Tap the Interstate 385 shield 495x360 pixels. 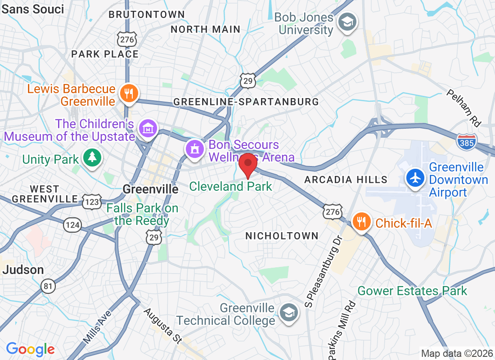(x=467, y=142)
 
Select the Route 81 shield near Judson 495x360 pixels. (x=48, y=285)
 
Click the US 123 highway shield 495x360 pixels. (x=92, y=202)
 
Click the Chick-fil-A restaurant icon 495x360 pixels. (x=361, y=221)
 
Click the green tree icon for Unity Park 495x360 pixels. (x=92, y=157)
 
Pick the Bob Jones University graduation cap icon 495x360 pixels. (x=348, y=21)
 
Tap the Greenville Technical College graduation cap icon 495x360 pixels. (x=288, y=312)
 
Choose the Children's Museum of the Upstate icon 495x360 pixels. (x=147, y=129)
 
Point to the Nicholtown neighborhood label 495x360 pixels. (x=282, y=236)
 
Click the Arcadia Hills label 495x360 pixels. (x=346, y=180)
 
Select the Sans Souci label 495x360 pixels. (x=32, y=9)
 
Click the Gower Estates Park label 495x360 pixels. (x=412, y=291)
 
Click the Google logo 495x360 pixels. (x=30, y=349)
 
